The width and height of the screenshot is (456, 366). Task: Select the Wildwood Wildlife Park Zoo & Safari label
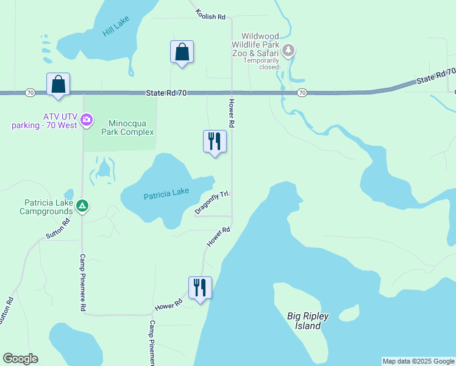pos(260,45)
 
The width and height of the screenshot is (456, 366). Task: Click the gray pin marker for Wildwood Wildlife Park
pos(289,49)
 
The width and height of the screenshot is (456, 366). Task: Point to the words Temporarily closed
pos(260,63)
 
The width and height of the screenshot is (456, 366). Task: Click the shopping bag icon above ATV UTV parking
pos(58,84)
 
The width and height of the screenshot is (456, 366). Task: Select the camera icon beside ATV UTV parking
pos(87,118)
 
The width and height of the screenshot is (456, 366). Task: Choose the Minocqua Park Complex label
pos(131,127)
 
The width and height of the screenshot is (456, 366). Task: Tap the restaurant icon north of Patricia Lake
pos(215,141)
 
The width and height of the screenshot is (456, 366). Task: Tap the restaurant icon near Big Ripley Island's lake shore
pos(200,287)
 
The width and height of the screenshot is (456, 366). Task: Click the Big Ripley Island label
pos(308,321)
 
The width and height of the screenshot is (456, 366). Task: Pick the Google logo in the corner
pos(20,359)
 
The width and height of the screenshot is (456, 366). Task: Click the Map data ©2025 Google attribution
pos(419,361)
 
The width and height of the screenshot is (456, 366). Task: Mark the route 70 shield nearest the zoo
pos(302,93)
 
